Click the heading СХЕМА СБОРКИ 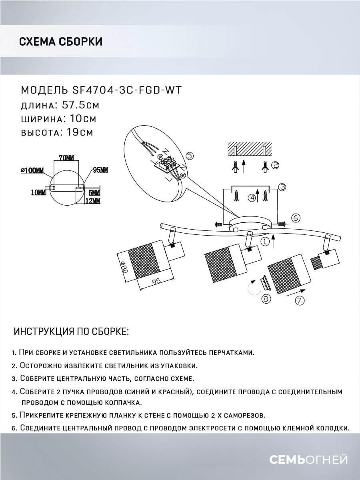pos(60,42)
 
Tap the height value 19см pos(78,132)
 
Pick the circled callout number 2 pos(275,165)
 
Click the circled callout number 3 pos(282,187)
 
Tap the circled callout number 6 pos(296,218)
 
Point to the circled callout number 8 pos(266,298)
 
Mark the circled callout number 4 pos(252,197)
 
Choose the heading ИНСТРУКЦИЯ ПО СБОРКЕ pos(72,332)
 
